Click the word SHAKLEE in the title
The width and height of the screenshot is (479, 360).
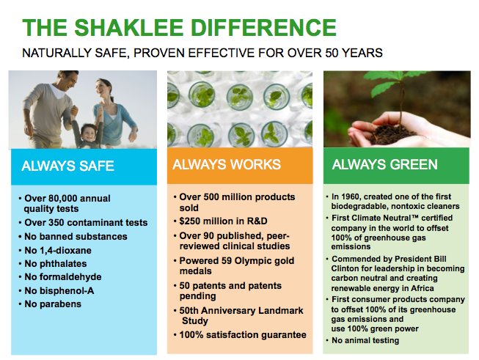point(128,27)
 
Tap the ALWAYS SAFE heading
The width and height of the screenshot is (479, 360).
point(67,166)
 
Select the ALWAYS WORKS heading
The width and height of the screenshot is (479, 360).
point(227,164)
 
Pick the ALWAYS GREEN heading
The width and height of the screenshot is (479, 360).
point(384,164)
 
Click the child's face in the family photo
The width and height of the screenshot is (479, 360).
point(88,133)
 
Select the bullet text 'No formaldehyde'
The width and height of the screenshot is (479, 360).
point(63,277)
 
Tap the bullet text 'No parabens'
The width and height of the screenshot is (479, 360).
point(53,304)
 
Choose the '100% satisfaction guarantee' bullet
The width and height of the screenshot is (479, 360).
point(243,335)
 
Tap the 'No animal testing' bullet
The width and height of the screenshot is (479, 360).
point(365,340)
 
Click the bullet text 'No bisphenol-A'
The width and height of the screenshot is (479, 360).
point(59,290)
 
